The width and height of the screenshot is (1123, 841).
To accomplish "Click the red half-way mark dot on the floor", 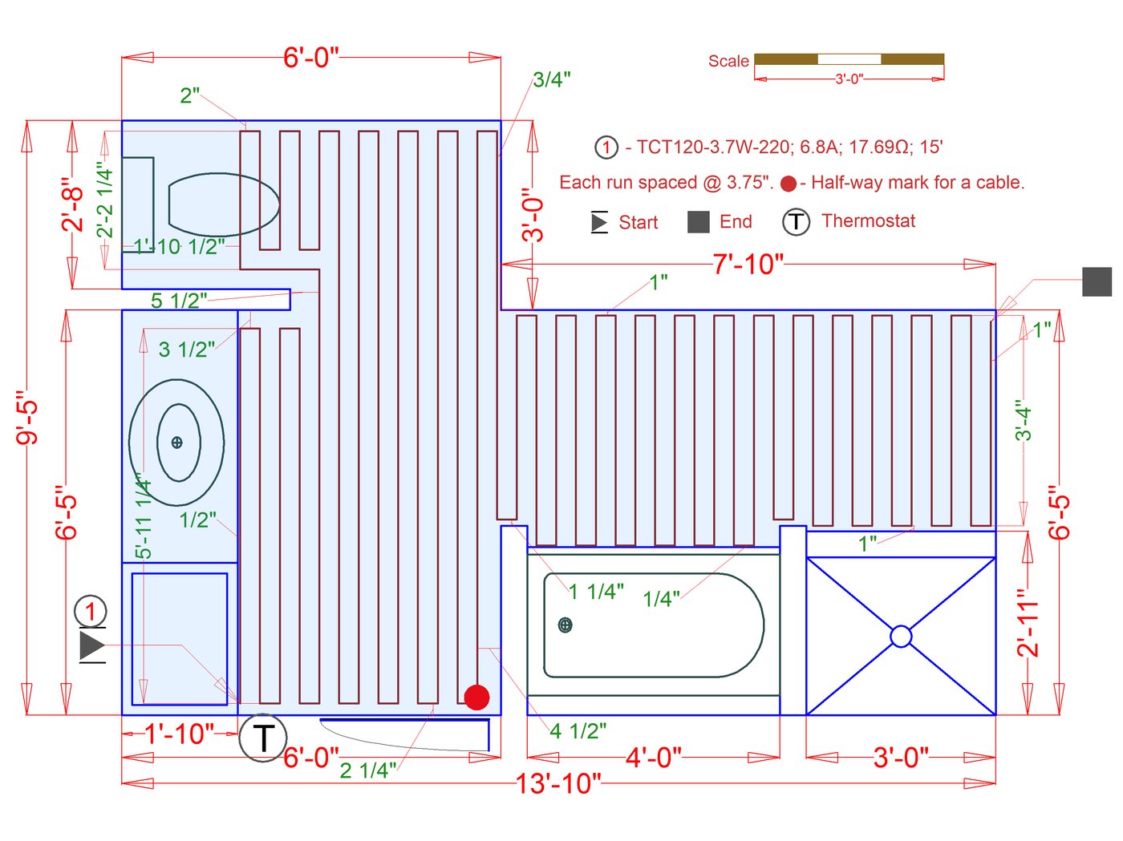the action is pos(476,697).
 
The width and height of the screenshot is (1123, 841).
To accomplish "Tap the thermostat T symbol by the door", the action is pos(263,738).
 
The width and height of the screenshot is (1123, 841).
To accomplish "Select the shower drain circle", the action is pos(901,637).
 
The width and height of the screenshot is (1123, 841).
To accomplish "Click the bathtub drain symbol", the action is pos(565,625).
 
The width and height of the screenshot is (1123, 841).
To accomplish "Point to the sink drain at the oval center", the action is pos(177,443).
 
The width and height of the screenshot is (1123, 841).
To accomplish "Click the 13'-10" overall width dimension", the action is pos(558,783).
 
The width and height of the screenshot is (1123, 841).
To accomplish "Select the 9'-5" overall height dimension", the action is pos(27,418).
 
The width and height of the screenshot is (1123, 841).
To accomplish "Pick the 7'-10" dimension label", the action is pos(748,265).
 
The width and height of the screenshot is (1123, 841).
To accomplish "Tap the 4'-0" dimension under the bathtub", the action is pos(653,757).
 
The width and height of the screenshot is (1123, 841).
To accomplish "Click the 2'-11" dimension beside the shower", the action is pos(1028,623).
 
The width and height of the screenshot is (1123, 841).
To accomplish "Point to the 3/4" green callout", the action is pos(552,79).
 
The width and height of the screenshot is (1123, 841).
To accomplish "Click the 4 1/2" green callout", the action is pos(578,731).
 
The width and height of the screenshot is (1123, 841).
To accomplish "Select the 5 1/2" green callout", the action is pos(179,301).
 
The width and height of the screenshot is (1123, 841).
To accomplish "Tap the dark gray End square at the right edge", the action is pos(1097,281).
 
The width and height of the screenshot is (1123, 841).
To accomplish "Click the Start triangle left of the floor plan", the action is pos(92,645).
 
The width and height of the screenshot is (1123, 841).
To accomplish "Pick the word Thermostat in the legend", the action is pos(868,220).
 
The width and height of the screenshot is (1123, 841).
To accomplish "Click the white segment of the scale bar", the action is pos(849,59).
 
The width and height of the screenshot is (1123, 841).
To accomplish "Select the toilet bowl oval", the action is pos(224,204).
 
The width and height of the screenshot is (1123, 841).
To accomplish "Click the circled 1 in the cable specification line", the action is pos(606,148).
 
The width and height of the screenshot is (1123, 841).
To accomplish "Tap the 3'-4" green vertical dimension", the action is pos(1024,420).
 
